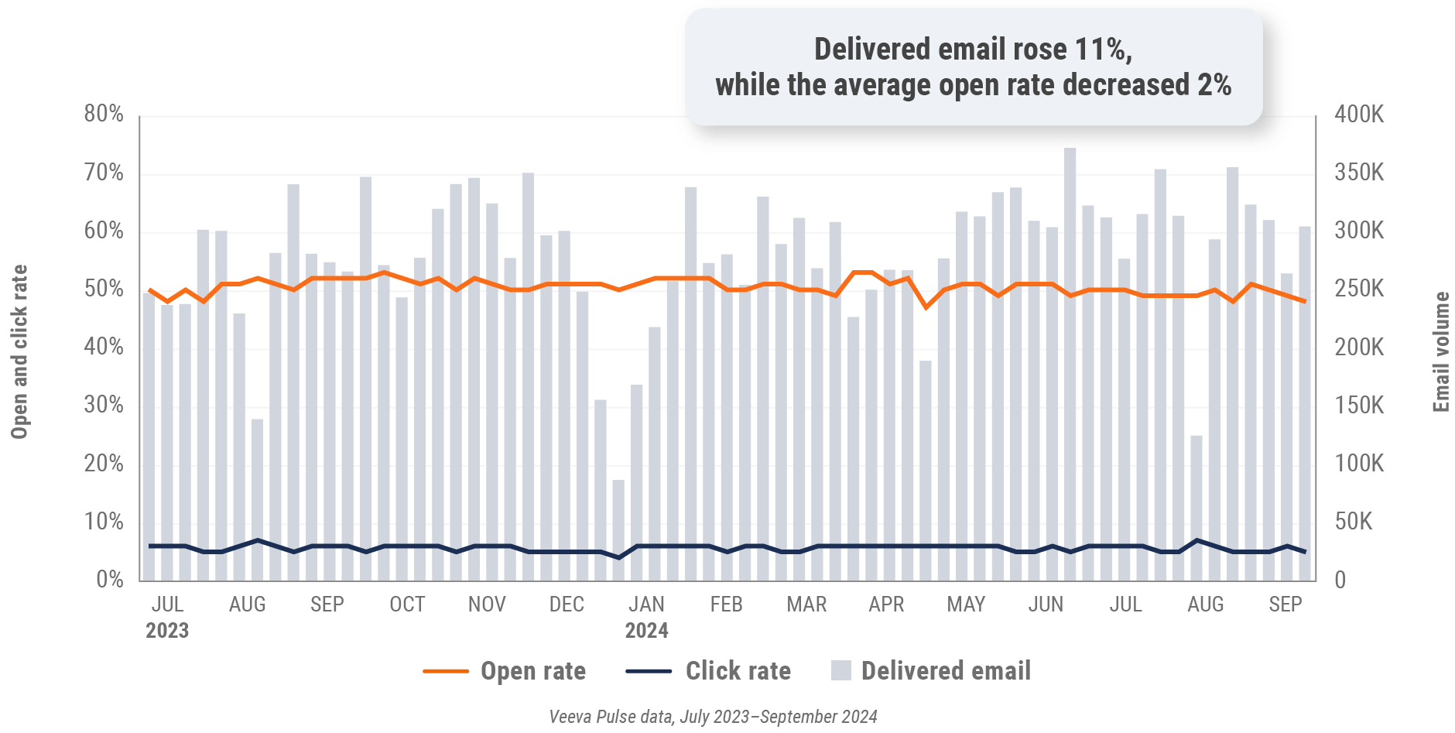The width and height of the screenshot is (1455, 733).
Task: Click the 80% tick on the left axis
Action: click(x=104, y=115)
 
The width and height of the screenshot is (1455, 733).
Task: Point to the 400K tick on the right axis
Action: click(x=1358, y=115)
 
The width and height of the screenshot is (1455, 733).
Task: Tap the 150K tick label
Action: click(x=1358, y=406)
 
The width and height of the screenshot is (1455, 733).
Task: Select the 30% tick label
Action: click(x=104, y=406)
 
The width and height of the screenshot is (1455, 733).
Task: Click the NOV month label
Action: click(x=487, y=605)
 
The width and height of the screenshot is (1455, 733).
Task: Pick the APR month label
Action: click(x=886, y=605)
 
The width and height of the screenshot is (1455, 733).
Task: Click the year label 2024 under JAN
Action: click(x=646, y=631)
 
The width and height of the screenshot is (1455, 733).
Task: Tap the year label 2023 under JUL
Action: click(x=167, y=631)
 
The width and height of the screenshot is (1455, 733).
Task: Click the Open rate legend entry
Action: click(x=532, y=671)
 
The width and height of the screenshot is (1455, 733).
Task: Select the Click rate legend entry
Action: click(x=738, y=671)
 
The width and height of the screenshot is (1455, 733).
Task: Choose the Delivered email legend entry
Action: click(x=945, y=671)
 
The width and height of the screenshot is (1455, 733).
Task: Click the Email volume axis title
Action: click(x=1440, y=352)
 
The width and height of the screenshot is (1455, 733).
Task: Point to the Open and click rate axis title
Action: click(x=19, y=352)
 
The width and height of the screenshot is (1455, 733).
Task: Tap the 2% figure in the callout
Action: click(x=1214, y=85)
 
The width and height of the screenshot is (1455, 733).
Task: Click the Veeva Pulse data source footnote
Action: click(x=713, y=717)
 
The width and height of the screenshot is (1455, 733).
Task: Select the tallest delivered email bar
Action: click(x=1070, y=364)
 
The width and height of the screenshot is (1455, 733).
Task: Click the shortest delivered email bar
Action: click(x=618, y=530)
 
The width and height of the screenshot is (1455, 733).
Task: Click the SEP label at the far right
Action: click(x=1285, y=605)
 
